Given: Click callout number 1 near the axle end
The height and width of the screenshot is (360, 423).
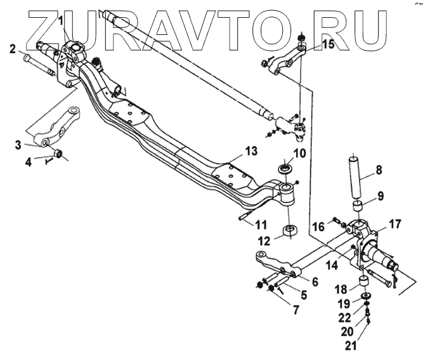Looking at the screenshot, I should click(x=60, y=20).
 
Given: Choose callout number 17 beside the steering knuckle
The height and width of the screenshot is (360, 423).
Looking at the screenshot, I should click(x=394, y=223).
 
